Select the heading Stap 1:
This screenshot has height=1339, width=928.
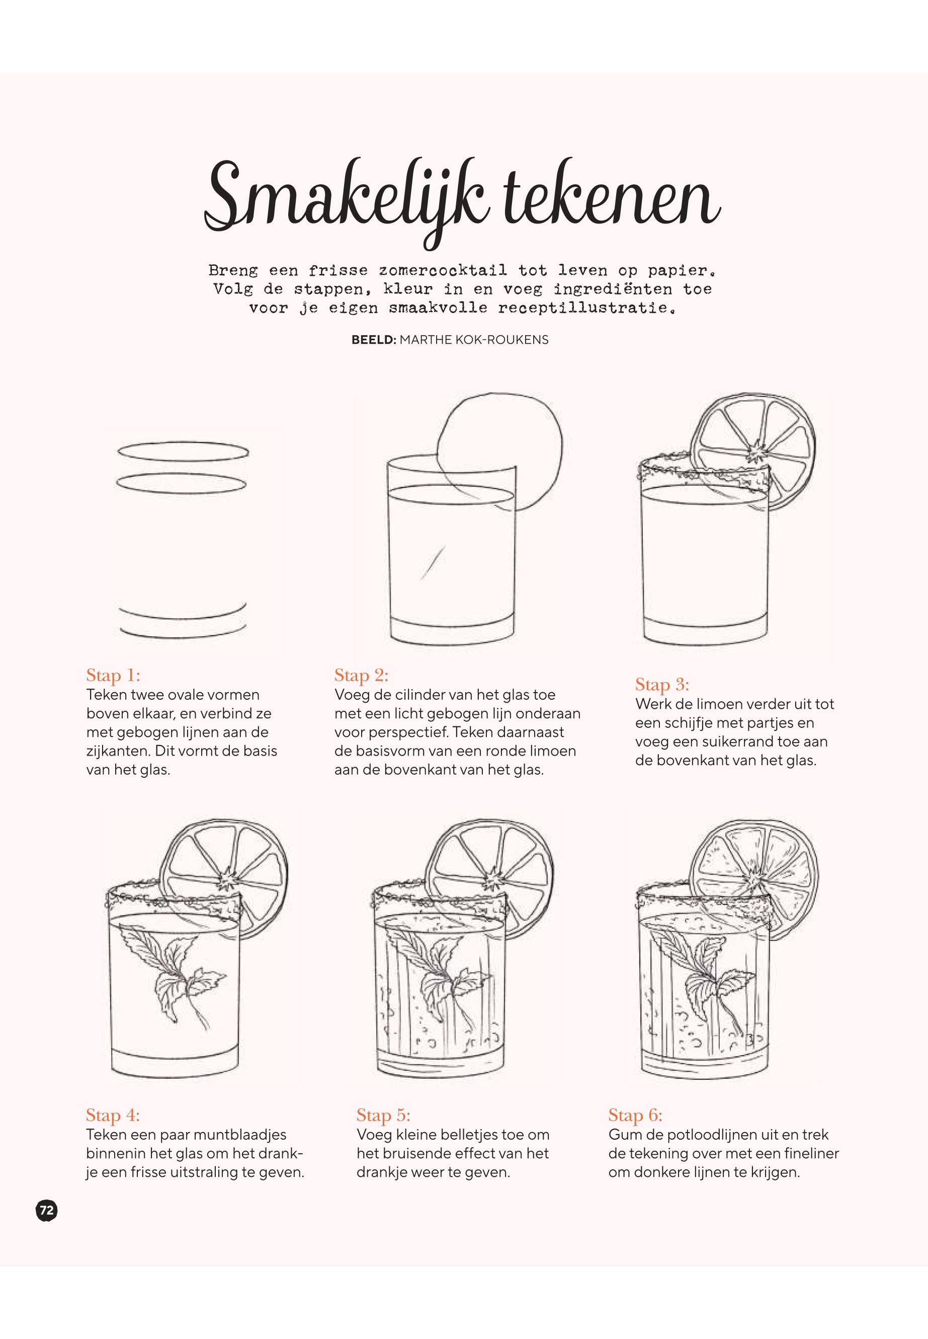(x=113, y=675)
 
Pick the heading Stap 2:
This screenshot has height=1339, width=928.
(x=361, y=675)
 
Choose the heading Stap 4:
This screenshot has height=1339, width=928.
(x=113, y=1115)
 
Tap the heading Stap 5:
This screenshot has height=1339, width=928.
(x=384, y=1115)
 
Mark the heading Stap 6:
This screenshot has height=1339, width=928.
(x=636, y=1115)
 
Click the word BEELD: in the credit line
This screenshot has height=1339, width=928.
(x=374, y=340)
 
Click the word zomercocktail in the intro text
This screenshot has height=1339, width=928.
(x=443, y=271)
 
